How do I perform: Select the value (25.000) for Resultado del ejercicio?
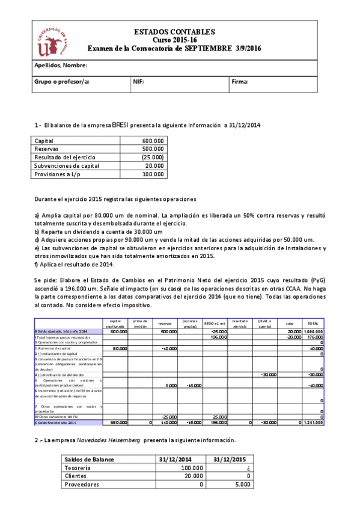point(152,157)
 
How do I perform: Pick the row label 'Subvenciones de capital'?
point(67,165)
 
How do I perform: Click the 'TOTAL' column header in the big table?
point(313,323)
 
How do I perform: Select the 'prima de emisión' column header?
point(141,323)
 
